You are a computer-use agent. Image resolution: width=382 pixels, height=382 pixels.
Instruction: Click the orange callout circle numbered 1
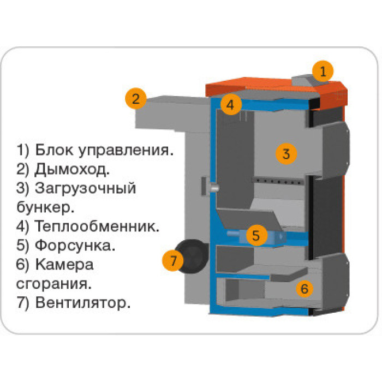coord(323,71)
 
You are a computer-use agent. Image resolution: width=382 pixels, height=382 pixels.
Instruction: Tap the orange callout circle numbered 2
coord(136,99)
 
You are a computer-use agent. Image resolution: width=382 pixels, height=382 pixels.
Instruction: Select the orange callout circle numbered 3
coord(285,153)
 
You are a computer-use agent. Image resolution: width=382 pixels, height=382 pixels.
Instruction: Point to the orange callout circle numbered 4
coord(231,105)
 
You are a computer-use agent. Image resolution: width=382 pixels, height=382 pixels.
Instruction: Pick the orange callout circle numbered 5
coord(256,235)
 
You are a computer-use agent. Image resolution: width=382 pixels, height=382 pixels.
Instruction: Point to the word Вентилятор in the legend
coord(83,302)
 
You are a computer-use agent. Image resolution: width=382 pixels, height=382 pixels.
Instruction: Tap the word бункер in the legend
coord(44,207)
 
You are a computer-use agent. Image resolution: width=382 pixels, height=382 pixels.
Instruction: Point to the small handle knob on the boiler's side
coord(213,187)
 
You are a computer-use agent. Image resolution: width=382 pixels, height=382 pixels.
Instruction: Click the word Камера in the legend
coord(64,265)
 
